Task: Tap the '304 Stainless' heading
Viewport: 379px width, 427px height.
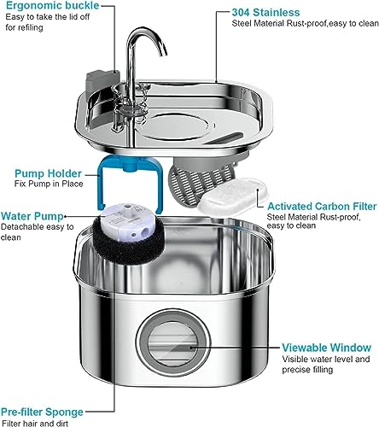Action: pyautogui.click(x=266, y=14)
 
